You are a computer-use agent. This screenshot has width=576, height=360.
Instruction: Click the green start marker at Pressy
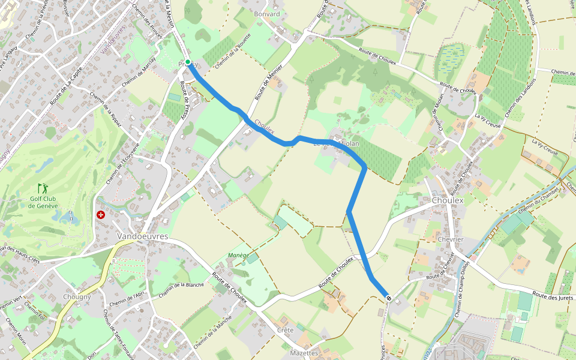pos(188,62)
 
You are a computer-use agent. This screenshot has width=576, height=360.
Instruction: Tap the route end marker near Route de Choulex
pos(389,298)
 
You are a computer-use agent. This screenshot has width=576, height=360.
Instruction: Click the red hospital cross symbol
pos(101,214)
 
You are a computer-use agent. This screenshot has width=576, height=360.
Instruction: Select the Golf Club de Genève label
pos(43,202)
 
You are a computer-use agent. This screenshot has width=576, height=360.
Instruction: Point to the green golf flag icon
pos(42,188)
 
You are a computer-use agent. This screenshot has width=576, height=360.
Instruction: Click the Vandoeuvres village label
pos(143,236)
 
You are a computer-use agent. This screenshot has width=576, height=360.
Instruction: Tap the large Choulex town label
pos(448,200)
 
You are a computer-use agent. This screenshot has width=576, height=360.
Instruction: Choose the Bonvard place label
pos(267,14)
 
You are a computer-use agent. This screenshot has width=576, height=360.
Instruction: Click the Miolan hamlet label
pos(349,143)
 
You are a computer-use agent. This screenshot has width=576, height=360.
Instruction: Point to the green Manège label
pos(238,255)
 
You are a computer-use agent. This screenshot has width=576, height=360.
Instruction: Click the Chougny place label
pos(77,296)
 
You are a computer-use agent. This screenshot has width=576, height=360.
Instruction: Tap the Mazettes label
pos(304,353)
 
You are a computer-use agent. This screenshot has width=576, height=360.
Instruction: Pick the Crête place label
pos(286,330)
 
